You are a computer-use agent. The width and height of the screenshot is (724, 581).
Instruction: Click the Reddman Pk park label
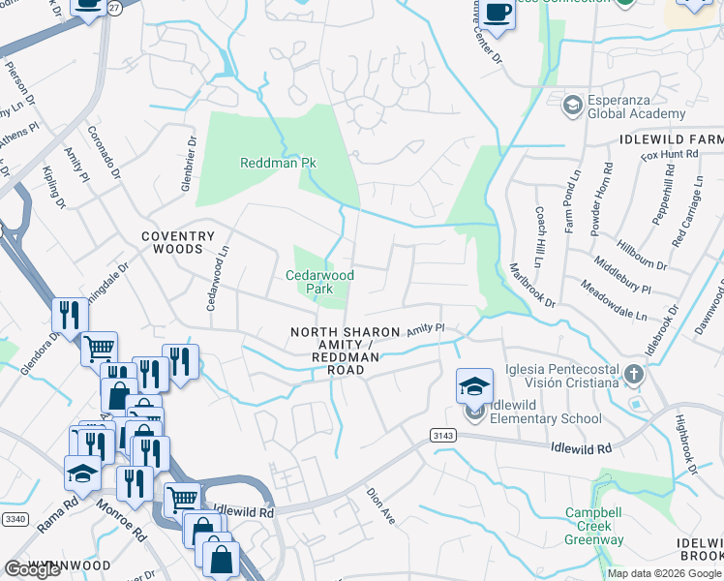(x=278, y=163)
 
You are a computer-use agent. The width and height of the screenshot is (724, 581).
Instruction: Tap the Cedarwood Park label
(x=319, y=282)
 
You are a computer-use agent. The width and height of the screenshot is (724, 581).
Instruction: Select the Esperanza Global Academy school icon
(x=571, y=103)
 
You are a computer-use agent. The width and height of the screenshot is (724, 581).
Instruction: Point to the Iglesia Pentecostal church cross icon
(x=633, y=374)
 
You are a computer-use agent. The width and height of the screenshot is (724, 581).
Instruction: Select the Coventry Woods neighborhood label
(x=177, y=242)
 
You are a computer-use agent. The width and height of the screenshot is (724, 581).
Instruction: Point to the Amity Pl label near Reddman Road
(x=424, y=330)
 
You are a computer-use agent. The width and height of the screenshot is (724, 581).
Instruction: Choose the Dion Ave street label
(x=380, y=505)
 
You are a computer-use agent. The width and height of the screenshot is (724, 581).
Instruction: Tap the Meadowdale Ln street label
(x=614, y=300)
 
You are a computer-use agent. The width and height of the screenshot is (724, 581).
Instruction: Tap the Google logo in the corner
(x=33, y=569)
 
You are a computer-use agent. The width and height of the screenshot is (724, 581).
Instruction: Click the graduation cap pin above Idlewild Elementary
(x=474, y=387)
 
